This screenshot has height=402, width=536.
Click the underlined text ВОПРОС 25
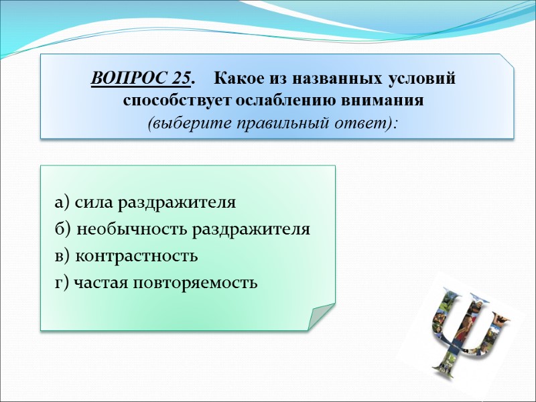tap(140, 79)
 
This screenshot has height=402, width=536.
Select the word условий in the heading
tap(422, 79)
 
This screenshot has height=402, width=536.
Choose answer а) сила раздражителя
tap(145, 202)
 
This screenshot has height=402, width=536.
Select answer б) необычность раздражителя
tap(182, 229)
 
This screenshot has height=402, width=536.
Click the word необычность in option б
tap(133, 229)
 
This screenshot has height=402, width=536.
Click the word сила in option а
tap(88, 202)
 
